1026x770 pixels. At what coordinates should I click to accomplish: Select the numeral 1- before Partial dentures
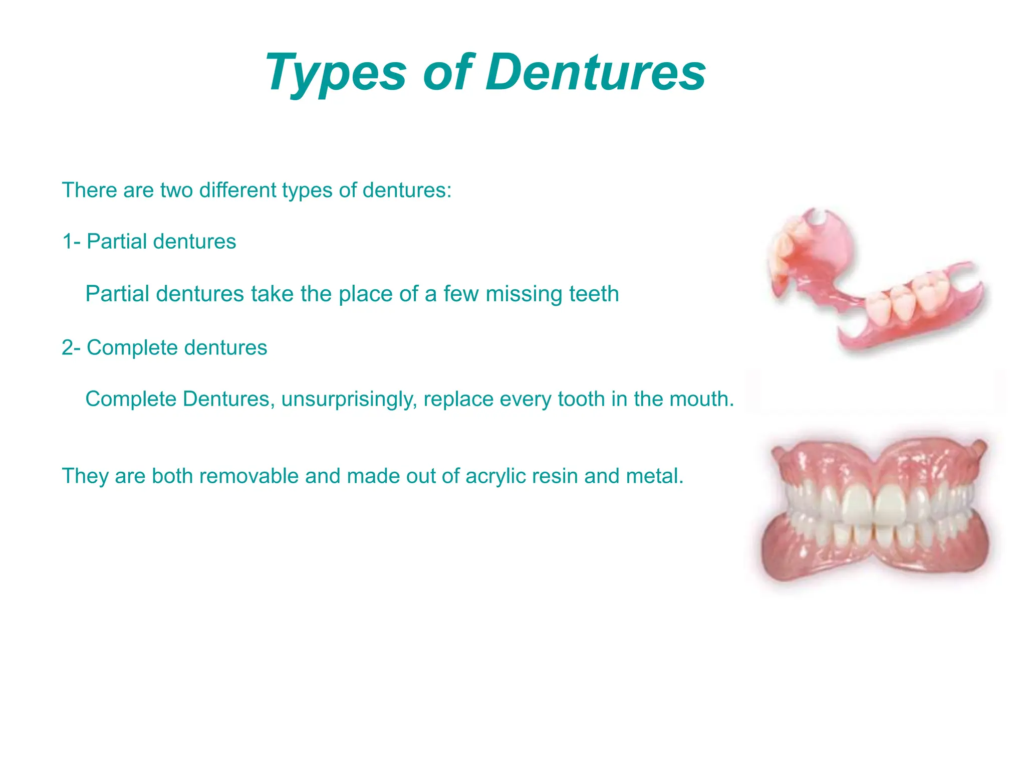click(71, 242)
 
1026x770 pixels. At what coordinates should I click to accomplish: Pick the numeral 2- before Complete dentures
click(71, 348)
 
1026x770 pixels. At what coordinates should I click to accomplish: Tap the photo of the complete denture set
click(874, 509)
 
